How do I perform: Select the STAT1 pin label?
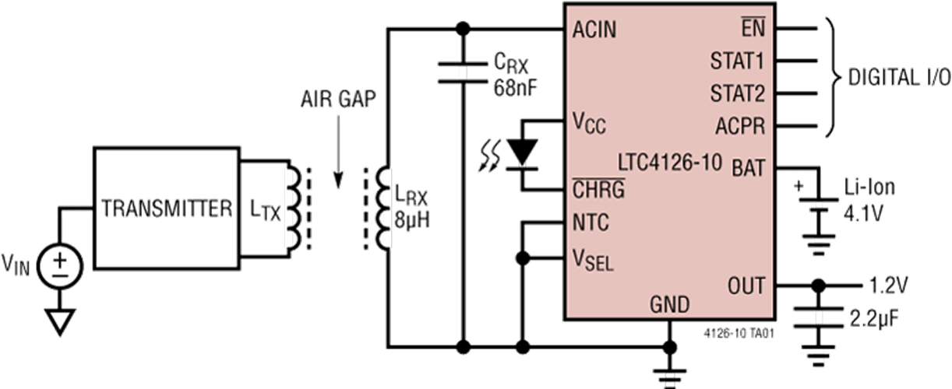(737, 61)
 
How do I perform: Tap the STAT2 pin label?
(737, 93)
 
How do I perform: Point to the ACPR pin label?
(739, 125)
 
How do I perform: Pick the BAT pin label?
(749, 166)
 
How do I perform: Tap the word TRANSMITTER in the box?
(167, 208)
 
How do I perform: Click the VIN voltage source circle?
(59, 268)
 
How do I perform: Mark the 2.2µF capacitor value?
(877, 317)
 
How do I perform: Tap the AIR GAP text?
(336, 100)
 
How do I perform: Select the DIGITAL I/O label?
(896, 78)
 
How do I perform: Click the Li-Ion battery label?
(870, 187)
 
